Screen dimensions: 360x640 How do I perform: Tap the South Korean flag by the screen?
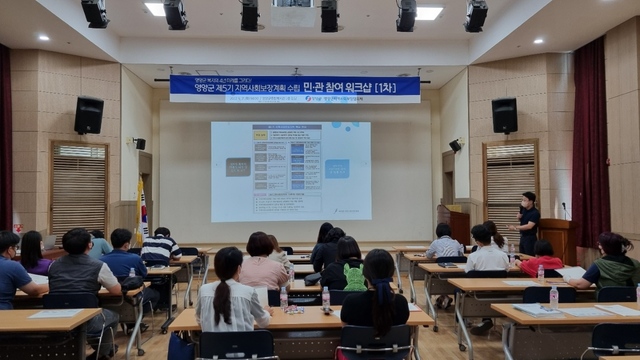[142, 212]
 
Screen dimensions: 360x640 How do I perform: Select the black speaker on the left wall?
[88, 115]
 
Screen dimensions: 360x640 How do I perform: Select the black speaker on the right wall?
[504, 115]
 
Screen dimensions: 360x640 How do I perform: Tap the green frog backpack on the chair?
[354, 277]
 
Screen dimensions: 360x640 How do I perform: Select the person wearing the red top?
[542, 260]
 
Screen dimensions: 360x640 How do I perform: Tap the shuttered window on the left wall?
[79, 187]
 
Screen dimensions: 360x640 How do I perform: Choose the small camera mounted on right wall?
[455, 146]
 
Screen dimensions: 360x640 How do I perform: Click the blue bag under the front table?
[181, 345]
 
